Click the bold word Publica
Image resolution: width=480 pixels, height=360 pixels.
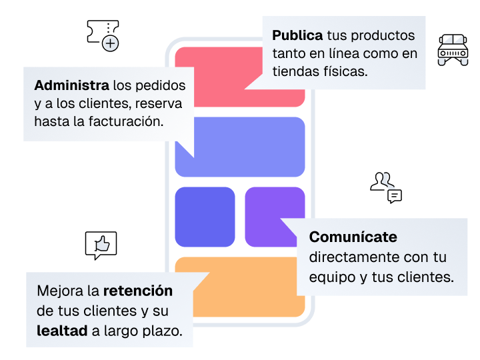(x=297, y=35)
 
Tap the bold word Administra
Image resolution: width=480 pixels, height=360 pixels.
(x=71, y=85)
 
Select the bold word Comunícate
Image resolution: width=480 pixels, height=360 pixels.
(x=353, y=237)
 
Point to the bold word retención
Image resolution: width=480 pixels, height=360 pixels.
(x=138, y=291)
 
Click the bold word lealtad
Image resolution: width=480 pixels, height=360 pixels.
(x=62, y=331)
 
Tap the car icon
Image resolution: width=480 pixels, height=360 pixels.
(x=453, y=49)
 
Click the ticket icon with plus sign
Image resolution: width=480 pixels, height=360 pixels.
(x=103, y=35)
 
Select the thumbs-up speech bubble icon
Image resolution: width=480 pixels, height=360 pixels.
(x=101, y=245)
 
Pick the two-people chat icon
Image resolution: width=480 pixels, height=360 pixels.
(x=386, y=187)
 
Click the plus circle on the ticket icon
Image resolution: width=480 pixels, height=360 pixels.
(x=110, y=43)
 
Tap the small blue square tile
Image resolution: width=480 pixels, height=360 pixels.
(x=205, y=217)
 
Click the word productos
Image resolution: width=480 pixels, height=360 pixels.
(x=383, y=36)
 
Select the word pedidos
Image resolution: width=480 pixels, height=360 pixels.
(x=161, y=86)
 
